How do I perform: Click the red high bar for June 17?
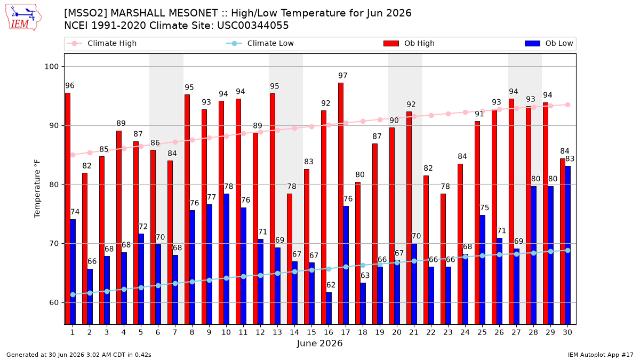(x=341, y=204)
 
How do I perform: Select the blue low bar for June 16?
(x=329, y=309)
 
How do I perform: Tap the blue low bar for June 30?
(x=567, y=245)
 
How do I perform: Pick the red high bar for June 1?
(x=68, y=209)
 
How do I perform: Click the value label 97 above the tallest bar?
(x=343, y=75)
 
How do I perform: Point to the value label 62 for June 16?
(x=331, y=285)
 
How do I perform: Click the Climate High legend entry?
(x=101, y=43)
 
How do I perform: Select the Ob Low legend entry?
(x=549, y=43)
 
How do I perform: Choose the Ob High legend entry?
(x=409, y=43)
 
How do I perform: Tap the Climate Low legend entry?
(x=260, y=43)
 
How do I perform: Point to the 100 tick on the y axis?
(x=51, y=67)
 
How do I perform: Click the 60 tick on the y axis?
(x=54, y=302)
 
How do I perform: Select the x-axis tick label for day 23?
(x=448, y=332)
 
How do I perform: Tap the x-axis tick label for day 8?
(x=192, y=332)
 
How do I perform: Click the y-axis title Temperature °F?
(x=37, y=189)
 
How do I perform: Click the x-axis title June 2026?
(x=319, y=343)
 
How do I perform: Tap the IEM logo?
(x=23, y=18)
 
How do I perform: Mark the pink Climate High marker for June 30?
(x=567, y=105)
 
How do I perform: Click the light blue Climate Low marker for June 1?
(x=73, y=294)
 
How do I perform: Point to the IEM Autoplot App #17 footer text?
(x=601, y=355)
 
